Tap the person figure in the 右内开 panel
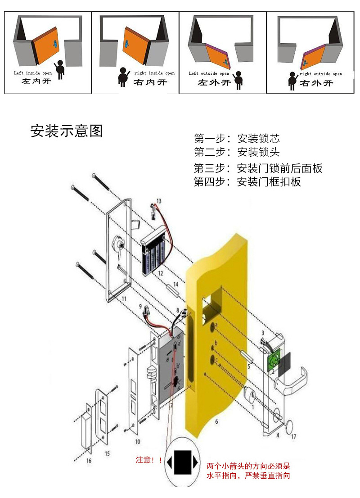point(123,77)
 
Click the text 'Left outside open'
point(209,73)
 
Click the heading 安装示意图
point(67,131)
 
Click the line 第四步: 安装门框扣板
point(247,182)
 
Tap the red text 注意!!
point(148,460)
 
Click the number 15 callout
point(107,453)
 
